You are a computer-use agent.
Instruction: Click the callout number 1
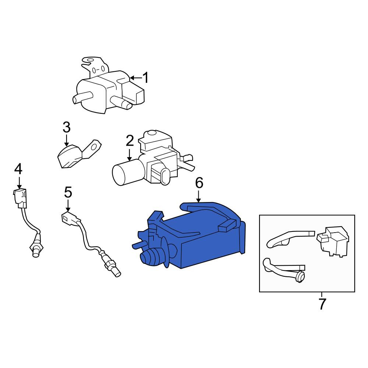point(145,78)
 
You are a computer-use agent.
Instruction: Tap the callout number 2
point(130,141)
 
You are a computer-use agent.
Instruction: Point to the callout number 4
point(18,169)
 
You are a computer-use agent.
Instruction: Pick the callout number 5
point(68,192)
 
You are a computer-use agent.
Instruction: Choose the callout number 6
point(199,183)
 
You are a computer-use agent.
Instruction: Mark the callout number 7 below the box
point(322,304)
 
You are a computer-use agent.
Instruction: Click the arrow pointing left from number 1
point(136,78)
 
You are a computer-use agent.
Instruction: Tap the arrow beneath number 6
point(199,197)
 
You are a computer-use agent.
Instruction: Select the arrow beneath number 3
point(67,140)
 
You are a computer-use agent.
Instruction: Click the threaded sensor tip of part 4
point(36,250)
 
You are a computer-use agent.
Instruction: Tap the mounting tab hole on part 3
point(94,147)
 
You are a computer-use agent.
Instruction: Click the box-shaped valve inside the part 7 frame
point(332,241)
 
